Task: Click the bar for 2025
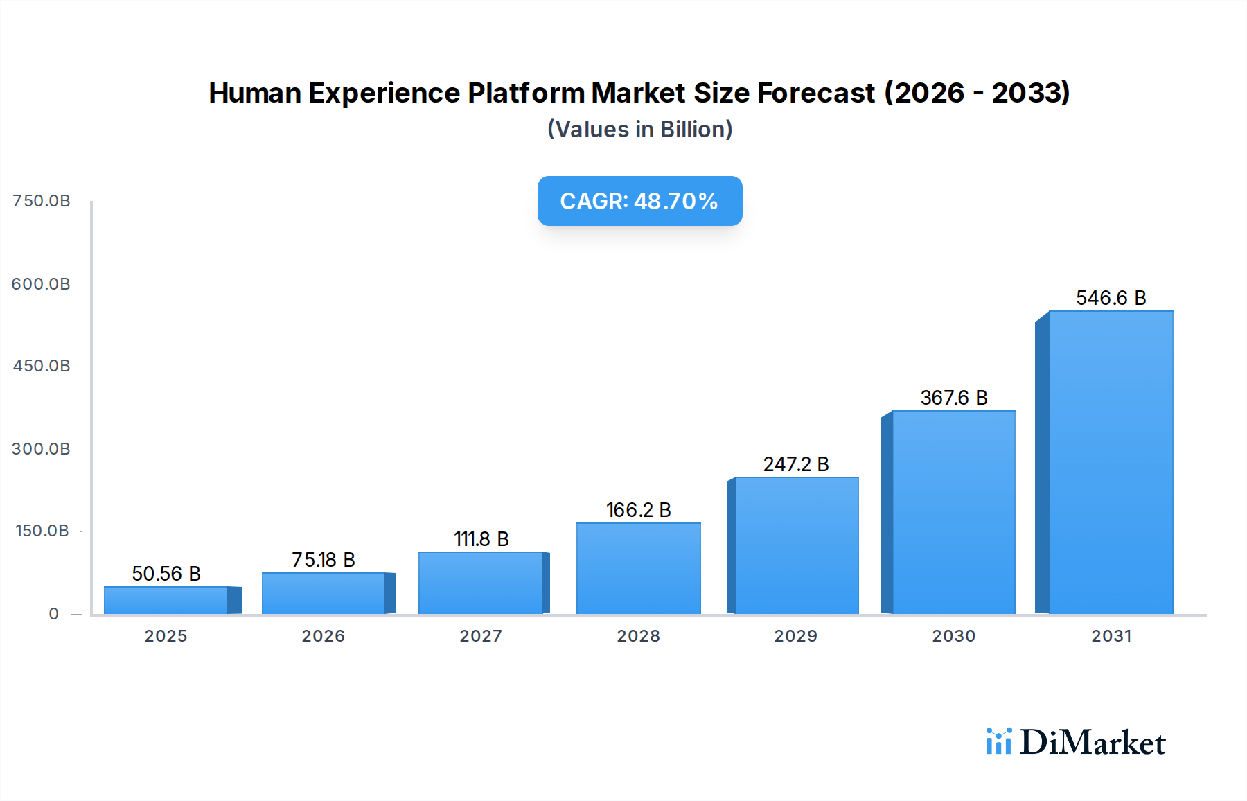click(x=166, y=600)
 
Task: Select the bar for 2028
click(x=638, y=568)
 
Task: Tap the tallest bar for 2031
click(x=1111, y=462)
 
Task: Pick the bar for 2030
click(x=953, y=512)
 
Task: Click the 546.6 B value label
click(x=1111, y=298)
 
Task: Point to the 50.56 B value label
click(x=166, y=574)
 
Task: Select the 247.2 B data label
click(x=796, y=464)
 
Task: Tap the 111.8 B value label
click(x=481, y=539)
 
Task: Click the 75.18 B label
click(x=323, y=560)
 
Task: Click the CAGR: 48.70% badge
click(x=639, y=201)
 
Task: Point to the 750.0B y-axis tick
click(x=42, y=201)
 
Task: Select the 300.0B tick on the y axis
click(x=41, y=449)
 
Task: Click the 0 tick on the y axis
click(x=54, y=614)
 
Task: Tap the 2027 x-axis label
click(x=481, y=636)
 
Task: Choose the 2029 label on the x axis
click(x=795, y=636)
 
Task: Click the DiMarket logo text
click(x=1093, y=743)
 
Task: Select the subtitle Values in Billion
click(x=639, y=130)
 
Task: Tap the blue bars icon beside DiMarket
click(x=998, y=741)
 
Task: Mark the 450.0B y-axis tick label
click(x=42, y=366)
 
